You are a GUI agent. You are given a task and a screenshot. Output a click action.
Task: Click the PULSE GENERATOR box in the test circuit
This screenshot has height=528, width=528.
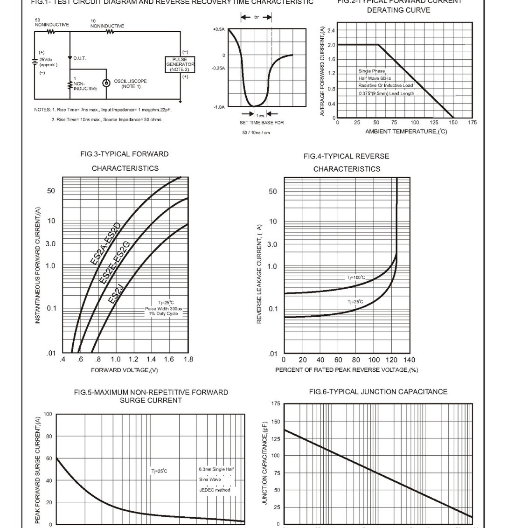coord(180,64)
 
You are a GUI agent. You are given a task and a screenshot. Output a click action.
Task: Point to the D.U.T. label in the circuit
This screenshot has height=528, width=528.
coord(80,58)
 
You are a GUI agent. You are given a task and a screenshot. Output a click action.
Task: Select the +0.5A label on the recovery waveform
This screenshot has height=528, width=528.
coord(218,29)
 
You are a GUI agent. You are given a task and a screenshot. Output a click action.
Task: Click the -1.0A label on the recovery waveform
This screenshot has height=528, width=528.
coord(219,107)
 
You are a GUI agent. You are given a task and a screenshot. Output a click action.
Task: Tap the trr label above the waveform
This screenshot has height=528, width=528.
coord(257,17)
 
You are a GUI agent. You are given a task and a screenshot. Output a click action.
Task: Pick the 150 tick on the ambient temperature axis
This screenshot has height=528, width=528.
coord(453,123)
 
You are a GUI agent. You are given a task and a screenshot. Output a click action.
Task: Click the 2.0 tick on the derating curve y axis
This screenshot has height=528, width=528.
coord(331,45)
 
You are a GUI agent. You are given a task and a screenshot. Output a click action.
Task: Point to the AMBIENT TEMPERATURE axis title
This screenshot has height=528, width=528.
coord(406,132)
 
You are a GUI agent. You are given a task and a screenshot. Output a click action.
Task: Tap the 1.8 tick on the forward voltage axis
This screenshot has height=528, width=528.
coord(188,360)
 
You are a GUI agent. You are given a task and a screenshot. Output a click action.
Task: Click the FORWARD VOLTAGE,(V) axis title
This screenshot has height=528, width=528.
coord(125,370)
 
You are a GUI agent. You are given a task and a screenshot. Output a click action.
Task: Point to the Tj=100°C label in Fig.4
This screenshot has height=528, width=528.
coord(356,278)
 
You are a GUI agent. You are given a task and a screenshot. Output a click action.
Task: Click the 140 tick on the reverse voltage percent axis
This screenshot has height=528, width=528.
coord(409,360)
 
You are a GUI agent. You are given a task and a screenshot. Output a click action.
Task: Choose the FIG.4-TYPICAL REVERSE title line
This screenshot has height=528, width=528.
coord(346,156)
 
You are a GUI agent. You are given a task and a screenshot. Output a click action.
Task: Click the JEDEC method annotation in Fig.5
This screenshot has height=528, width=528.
coord(215,490)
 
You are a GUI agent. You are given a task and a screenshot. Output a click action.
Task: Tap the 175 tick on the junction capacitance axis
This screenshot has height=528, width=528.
coord(276,404)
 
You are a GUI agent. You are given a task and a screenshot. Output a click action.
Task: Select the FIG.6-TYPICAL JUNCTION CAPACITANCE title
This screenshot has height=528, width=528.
coord(378,392)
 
